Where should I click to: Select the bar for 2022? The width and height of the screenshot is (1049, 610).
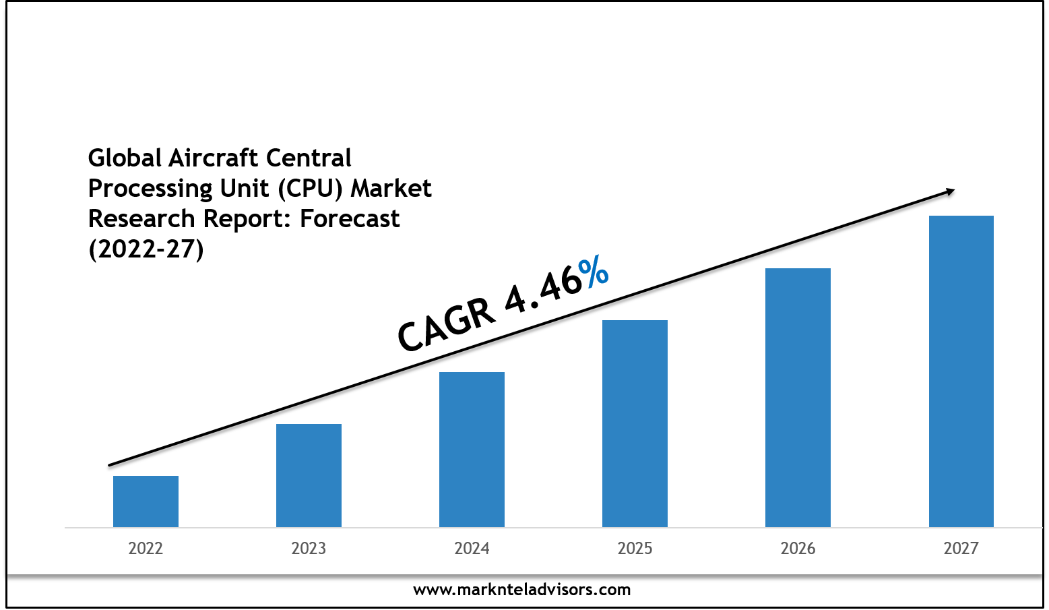click(x=146, y=501)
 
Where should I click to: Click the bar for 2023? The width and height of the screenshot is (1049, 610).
click(x=309, y=475)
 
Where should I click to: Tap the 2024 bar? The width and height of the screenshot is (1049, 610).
click(x=472, y=450)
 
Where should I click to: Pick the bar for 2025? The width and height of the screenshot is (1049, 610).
click(x=635, y=423)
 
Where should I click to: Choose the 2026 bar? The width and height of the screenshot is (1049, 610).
click(x=798, y=398)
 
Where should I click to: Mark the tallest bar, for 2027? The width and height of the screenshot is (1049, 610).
click(x=961, y=371)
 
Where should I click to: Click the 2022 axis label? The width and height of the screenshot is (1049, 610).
click(x=146, y=549)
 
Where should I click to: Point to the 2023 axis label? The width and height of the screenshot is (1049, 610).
click(x=309, y=549)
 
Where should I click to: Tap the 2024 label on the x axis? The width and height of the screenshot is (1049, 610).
click(x=472, y=549)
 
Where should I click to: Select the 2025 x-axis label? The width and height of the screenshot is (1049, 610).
click(x=635, y=549)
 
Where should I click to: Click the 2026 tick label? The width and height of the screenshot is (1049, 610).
click(x=798, y=549)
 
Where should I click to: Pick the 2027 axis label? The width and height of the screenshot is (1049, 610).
click(x=961, y=549)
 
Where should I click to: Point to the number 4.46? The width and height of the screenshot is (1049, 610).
click(x=543, y=292)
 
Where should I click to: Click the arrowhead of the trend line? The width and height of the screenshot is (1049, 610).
click(x=950, y=192)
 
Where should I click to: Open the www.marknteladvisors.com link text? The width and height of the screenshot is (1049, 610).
click(x=521, y=590)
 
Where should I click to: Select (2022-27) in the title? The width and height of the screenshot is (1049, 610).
click(x=146, y=249)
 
